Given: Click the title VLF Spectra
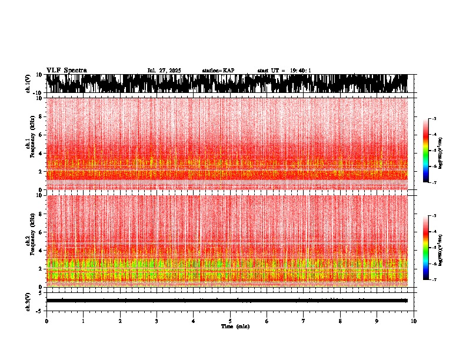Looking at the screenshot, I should pyautogui.click(x=66, y=70).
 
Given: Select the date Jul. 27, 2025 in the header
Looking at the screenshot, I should pyautogui.click(x=164, y=71).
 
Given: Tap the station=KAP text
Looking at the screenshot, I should pyautogui.click(x=218, y=71).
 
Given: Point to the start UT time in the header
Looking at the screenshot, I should pyautogui.click(x=284, y=71).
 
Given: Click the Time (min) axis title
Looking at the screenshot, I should pyautogui.click(x=235, y=326).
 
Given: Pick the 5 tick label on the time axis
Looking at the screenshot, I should pyautogui.click(x=230, y=321).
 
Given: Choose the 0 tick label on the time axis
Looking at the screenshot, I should pyautogui.click(x=46, y=321).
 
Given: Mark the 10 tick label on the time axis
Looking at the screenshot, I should pyautogui.click(x=414, y=321).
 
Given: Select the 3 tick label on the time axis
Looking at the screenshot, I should pyautogui.click(x=157, y=321).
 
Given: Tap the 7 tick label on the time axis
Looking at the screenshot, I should pyautogui.click(x=304, y=321).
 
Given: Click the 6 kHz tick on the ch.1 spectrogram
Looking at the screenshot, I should pyautogui.click(x=40, y=135).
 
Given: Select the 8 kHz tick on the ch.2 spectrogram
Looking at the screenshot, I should pyautogui.click(x=40, y=214).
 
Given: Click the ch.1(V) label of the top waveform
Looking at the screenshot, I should pyautogui.click(x=28, y=84).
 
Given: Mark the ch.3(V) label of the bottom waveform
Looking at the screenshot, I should pyautogui.click(x=28, y=301).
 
